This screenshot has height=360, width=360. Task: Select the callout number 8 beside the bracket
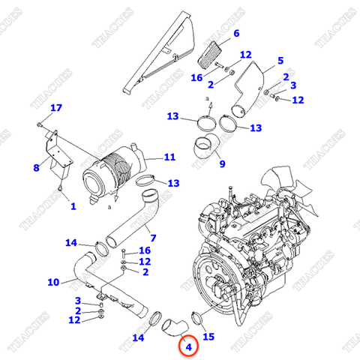pos(36,168)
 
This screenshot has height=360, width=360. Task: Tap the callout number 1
pos(73,205)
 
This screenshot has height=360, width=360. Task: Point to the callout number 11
pos(169,157)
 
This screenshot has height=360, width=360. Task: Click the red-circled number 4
pos(188,346)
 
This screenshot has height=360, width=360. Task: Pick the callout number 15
pos(208,337)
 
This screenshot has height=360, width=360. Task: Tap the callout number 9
pos(221,163)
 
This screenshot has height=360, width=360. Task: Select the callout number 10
pos(52,282)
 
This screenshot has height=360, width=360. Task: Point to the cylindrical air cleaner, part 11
pos(113,174)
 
